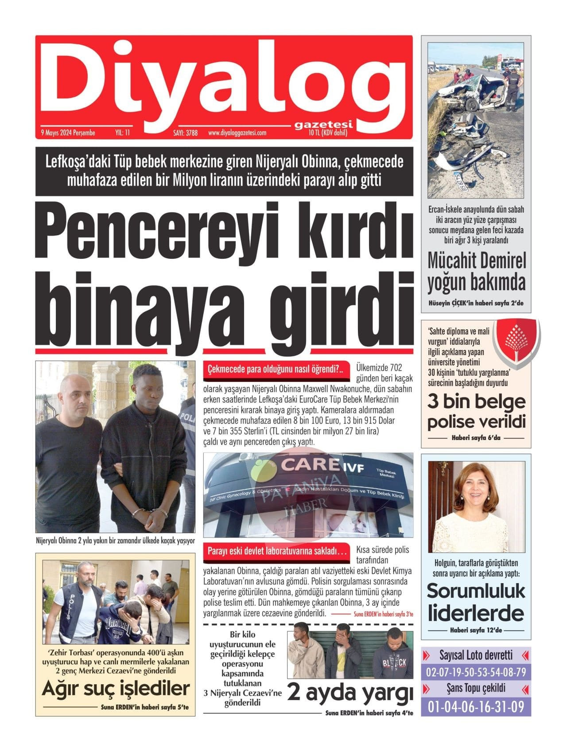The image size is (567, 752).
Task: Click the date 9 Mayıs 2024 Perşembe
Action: pos(68,132)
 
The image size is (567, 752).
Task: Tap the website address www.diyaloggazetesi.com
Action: pos(237,132)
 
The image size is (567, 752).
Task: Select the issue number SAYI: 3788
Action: pos(185,132)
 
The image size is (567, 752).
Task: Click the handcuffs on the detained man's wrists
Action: pos(150,513)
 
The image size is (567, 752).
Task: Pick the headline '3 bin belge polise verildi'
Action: pos(476,412)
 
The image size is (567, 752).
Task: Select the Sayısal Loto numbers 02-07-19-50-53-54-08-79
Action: pos(476,672)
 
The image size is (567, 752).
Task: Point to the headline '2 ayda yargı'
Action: pos(350,693)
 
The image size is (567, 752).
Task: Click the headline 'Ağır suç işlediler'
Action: pos(116,689)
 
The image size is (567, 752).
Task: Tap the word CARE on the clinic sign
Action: pos(307,465)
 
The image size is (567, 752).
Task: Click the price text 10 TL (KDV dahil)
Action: pos(328,132)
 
